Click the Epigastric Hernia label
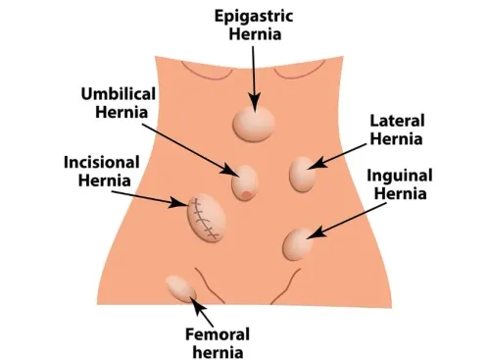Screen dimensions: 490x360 point(254,26)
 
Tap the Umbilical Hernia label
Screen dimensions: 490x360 point(119,103)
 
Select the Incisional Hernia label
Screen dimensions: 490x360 point(102,171)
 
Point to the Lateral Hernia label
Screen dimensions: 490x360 point(397,129)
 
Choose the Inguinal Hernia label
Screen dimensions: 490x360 point(400,184)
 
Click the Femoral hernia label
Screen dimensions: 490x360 point(218,343)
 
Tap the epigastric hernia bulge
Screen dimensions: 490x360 point(254,124)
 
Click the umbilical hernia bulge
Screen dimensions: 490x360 point(245,182)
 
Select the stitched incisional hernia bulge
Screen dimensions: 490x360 point(206,218)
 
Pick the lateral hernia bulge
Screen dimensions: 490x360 point(303,174)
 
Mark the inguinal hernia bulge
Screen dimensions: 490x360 point(297,244)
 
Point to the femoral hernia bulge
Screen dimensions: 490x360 point(180,288)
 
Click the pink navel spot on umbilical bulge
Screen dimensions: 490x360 point(247,195)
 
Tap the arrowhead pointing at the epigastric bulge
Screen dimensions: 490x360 point(254,101)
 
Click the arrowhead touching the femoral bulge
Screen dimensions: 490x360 point(197,304)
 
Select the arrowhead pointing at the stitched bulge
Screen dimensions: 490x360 point(179,203)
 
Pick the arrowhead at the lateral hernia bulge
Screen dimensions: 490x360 point(318,163)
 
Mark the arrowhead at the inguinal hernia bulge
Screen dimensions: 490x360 point(317,232)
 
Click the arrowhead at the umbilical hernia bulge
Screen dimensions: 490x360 point(230,171)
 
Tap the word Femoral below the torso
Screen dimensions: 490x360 point(218,334)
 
